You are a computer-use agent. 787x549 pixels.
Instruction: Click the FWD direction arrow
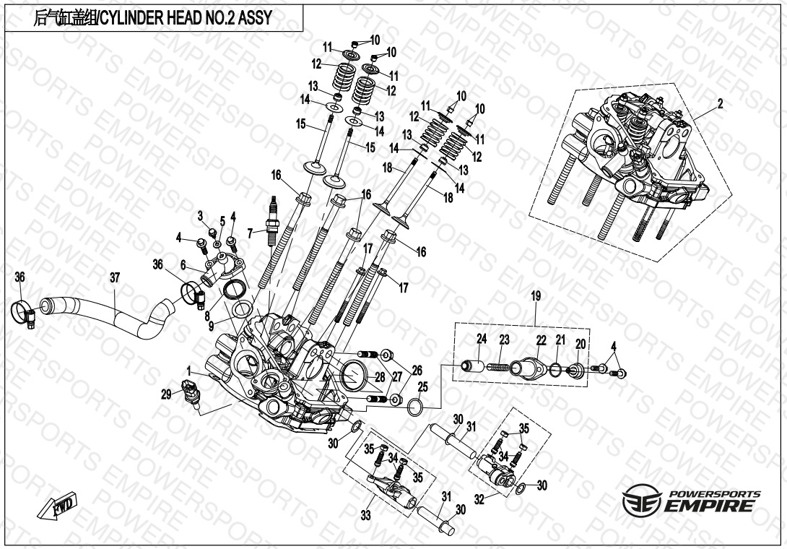click(57, 505)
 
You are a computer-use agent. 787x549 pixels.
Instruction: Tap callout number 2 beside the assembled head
click(721, 104)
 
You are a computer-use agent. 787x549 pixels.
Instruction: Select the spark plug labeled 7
click(273, 220)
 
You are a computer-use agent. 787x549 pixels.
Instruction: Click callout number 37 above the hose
click(115, 277)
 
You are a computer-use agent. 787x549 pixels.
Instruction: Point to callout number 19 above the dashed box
click(536, 296)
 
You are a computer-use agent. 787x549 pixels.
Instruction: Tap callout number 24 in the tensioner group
click(482, 339)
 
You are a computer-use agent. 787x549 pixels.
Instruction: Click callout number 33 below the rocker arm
click(365, 515)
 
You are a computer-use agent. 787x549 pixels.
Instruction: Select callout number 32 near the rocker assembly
click(480, 499)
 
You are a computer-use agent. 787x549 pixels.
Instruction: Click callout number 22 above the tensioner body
click(541, 340)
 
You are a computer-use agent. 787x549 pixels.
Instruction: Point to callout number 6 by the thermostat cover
click(183, 264)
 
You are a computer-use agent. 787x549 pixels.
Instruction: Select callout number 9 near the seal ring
click(212, 326)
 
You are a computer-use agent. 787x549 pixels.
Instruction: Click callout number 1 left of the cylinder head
click(188, 371)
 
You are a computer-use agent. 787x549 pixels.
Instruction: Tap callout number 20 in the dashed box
click(581, 344)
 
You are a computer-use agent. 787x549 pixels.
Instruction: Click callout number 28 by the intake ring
click(380, 377)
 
